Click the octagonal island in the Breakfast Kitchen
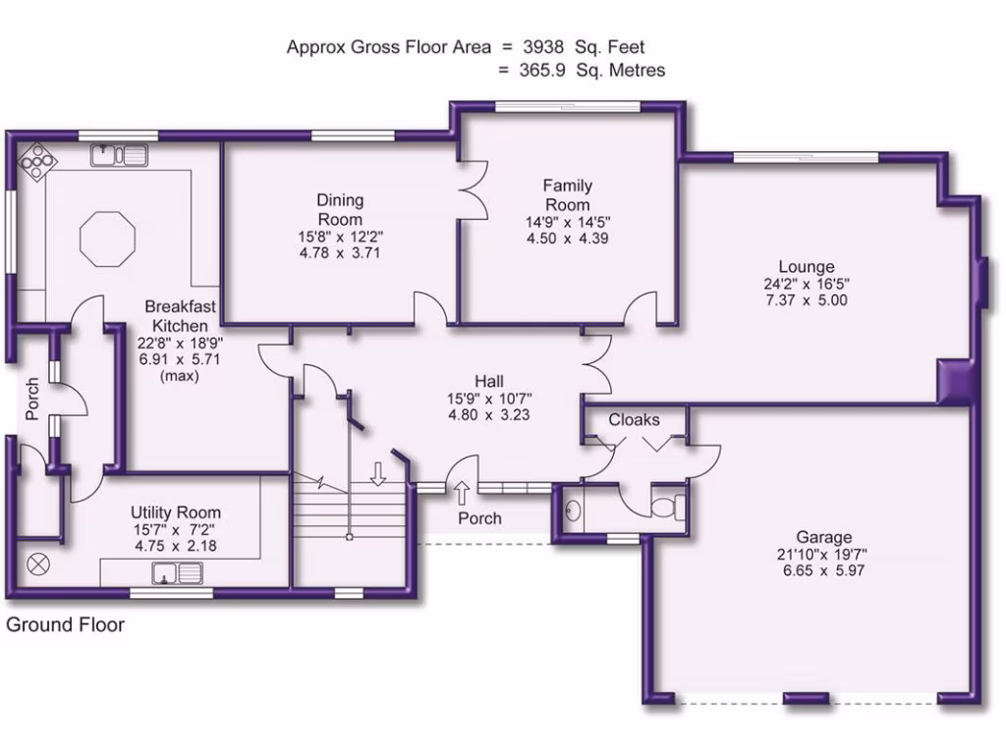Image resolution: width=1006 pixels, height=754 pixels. click(107, 238)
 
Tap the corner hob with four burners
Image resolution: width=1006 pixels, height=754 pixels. click(36, 161)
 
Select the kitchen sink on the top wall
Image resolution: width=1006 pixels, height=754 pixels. click(119, 154)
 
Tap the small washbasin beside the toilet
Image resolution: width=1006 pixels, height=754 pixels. click(572, 509)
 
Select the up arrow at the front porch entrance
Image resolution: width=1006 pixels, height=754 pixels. click(462, 490)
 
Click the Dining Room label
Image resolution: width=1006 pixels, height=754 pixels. click(340, 210)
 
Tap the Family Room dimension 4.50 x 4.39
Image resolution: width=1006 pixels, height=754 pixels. click(568, 238)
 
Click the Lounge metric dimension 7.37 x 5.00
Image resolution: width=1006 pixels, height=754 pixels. click(806, 300)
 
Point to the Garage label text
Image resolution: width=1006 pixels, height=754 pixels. click(824, 537)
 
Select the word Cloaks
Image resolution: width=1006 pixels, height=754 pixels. click(634, 420)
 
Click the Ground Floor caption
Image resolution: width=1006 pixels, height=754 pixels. click(66, 624)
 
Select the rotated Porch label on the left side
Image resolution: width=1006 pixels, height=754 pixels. click(32, 400)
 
